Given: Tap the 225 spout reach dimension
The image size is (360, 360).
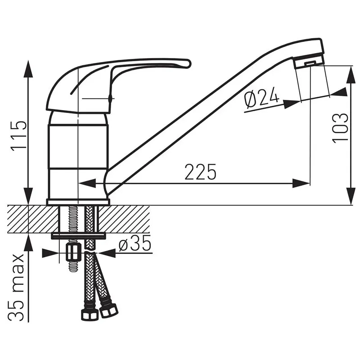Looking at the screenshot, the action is pyautogui.click(x=200, y=172).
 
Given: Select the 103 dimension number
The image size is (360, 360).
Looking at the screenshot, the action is pyautogui.click(x=340, y=128).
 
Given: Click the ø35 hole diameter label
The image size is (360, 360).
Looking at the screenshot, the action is pyautogui.click(x=135, y=243).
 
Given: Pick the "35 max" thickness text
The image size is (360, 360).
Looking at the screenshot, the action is pyautogui.click(x=16, y=287).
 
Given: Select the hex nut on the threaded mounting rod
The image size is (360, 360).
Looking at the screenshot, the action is pyautogui.click(x=73, y=252).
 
